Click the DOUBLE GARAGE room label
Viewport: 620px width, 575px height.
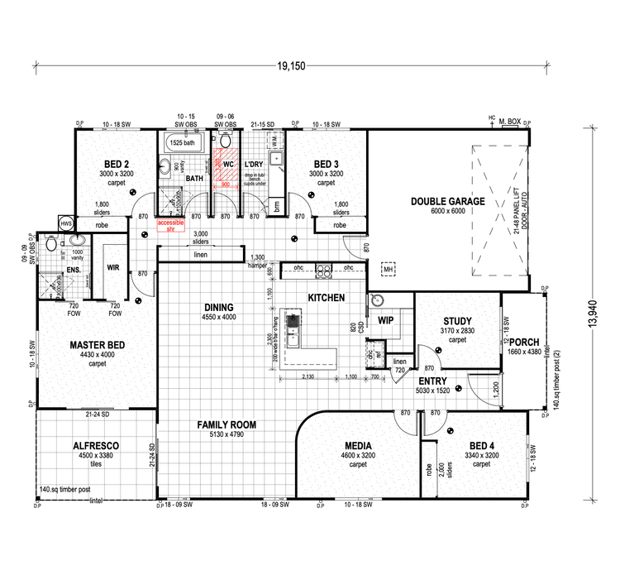pyautogui.click(x=446, y=201)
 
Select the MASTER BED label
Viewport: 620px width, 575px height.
pyautogui.click(x=98, y=344)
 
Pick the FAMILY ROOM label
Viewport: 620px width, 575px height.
pyautogui.click(x=226, y=424)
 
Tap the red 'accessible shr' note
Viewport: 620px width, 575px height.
pyautogui.click(x=171, y=226)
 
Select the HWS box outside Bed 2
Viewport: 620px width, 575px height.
pyautogui.click(x=64, y=223)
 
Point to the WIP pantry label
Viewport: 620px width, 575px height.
pyautogui.click(x=385, y=319)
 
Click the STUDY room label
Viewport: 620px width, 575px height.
pyautogui.click(x=457, y=322)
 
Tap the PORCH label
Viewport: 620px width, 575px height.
pyautogui.click(x=524, y=343)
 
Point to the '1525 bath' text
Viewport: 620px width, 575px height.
pyautogui.click(x=181, y=142)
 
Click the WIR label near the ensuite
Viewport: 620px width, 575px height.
pyautogui.click(x=114, y=268)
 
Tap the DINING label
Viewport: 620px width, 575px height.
pyautogui.click(x=219, y=307)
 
